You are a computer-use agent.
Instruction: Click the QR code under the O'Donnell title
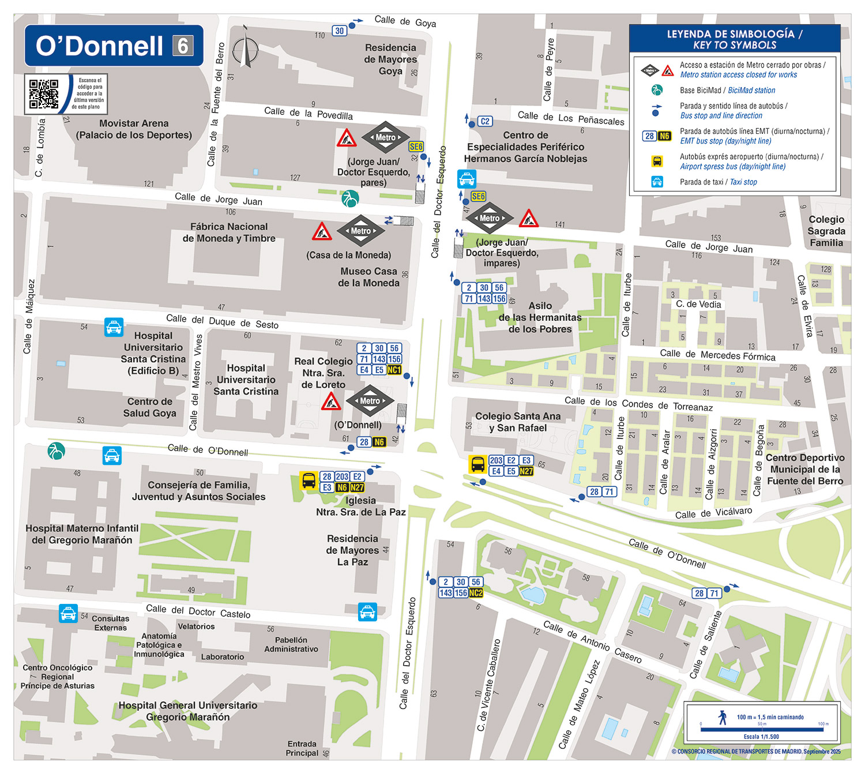point(44,94)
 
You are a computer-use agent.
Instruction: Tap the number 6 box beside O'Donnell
point(183,46)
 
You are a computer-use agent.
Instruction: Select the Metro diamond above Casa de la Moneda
point(360,231)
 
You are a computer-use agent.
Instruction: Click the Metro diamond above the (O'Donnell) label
point(370,401)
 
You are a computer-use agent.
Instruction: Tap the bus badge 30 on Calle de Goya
point(340,31)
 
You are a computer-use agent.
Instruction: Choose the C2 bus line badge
point(485,121)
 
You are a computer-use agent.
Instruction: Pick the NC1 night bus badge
point(394,370)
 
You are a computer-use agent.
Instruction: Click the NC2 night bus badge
point(476,592)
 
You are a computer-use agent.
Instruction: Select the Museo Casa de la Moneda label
point(369,277)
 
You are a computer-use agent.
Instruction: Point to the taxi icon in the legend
point(657,182)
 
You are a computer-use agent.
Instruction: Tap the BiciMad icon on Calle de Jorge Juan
point(349,198)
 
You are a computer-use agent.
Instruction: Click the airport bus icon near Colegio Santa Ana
point(477,464)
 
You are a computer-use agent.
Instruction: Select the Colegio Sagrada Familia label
point(826,231)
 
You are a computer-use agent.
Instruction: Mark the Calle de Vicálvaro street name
point(714,513)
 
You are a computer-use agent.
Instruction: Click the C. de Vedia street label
point(698,304)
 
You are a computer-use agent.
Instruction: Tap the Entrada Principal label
point(302,748)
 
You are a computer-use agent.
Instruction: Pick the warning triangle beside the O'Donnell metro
point(331,401)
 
